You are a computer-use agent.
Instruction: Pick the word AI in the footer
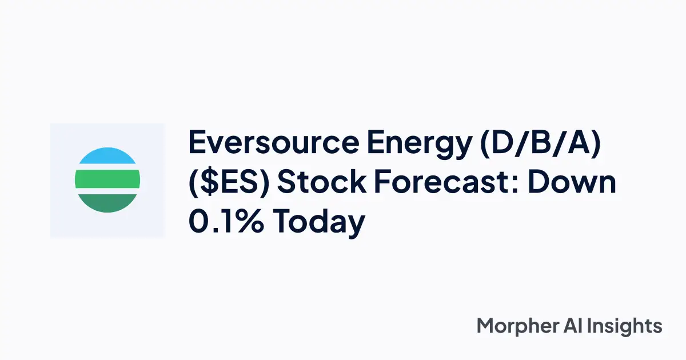[575, 326]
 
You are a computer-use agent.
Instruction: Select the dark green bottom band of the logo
[107, 203]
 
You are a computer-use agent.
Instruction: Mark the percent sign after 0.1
[251, 221]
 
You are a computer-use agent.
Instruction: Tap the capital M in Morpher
[486, 326]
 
